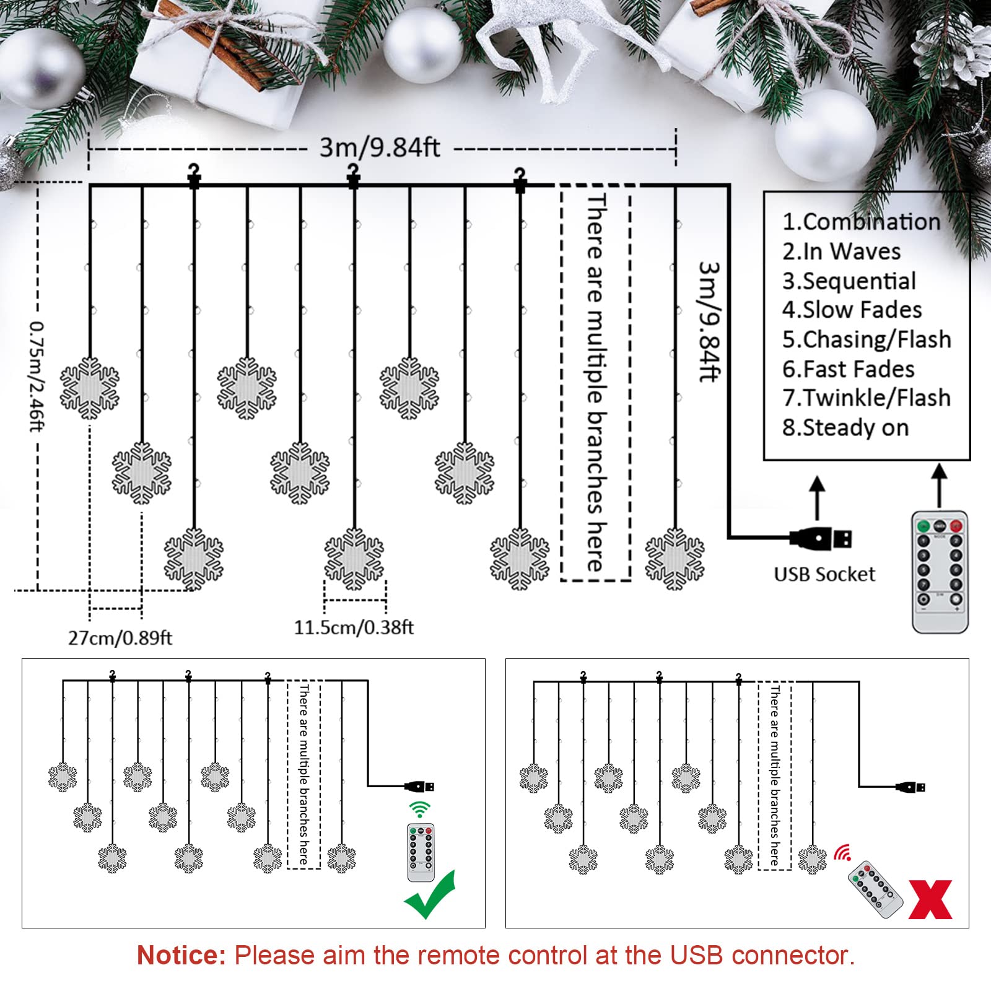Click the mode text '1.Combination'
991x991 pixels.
click(861, 222)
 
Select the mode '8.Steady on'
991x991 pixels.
click(845, 427)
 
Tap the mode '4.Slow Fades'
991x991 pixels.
click(852, 310)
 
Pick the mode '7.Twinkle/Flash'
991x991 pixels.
click(866, 398)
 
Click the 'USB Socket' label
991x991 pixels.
click(824, 574)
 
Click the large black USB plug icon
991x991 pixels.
click(821, 538)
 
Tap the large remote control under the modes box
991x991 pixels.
click(940, 571)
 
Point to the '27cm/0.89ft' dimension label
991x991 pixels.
click(120, 638)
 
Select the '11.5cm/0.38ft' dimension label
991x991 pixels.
click(354, 627)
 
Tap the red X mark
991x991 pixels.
click(930, 899)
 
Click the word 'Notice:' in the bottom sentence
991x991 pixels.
click(181, 955)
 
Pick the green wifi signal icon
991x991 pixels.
click(419, 809)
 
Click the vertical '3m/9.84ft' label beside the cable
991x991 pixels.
click(709, 321)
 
